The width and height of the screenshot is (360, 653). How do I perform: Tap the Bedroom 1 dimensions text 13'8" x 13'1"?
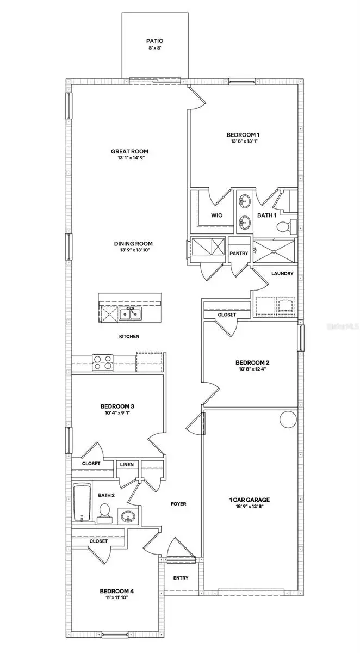coord(243,143)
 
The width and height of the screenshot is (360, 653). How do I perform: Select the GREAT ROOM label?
coord(129,152)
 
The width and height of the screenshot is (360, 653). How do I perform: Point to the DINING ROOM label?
coord(133,244)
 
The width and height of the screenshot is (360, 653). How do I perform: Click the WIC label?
coord(216,215)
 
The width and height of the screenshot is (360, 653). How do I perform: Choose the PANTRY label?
coord(239,253)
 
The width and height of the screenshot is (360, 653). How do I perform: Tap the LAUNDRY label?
coord(282,274)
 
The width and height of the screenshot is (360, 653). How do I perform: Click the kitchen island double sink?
coord(130,314)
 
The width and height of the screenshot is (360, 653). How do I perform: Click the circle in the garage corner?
coord(287,420)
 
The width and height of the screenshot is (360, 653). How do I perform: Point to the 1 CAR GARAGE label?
coord(250,500)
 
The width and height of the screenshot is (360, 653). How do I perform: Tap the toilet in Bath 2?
coord(104,512)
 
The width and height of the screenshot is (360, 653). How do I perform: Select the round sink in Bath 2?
coord(127,515)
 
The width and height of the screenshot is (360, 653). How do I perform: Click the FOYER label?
coord(178,504)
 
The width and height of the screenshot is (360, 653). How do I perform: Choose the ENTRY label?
coord(181,578)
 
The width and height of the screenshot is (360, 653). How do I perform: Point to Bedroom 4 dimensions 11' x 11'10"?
coord(116,597)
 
